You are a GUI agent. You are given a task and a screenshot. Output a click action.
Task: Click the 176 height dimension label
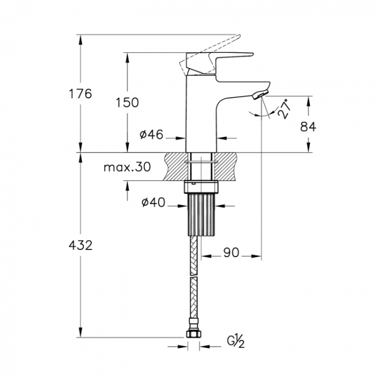[x=80, y=94]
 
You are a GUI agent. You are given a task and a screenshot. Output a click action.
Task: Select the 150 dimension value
[x=127, y=102]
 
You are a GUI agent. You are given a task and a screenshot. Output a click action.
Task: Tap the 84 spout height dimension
[x=308, y=126]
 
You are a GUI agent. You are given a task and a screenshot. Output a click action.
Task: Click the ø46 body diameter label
[x=151, y=134]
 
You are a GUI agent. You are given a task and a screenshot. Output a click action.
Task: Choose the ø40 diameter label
[x=154, y=202]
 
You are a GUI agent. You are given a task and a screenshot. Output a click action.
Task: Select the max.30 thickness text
[x=127, y=167]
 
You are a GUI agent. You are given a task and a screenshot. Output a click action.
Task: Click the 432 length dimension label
[x=80, y=245]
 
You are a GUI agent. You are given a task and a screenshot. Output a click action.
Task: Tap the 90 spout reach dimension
[x=231, y=252]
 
